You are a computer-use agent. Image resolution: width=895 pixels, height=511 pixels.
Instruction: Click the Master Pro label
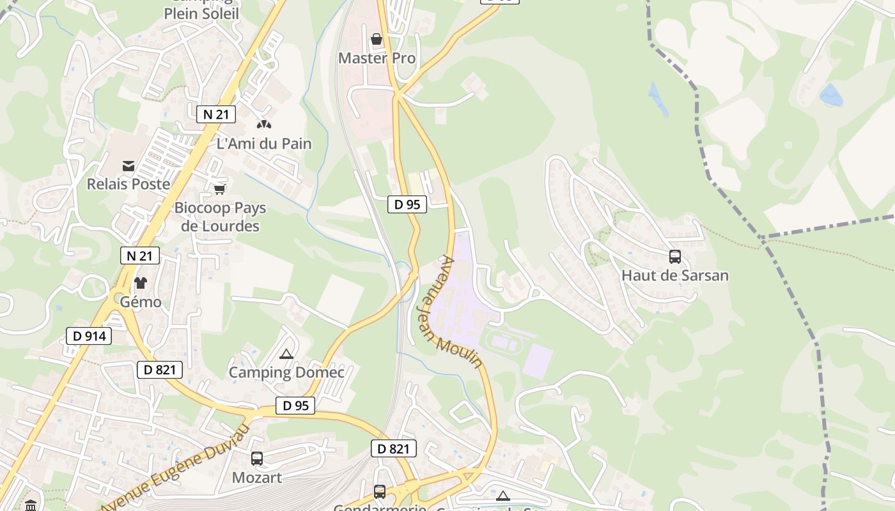pyautogui.click(x=377, y=58)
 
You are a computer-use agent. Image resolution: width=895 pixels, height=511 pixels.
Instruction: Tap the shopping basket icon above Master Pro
pyautogui.click(x=377, y=39)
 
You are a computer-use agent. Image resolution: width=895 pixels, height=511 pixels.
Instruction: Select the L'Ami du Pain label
pyautogui.click(x=264, y=144)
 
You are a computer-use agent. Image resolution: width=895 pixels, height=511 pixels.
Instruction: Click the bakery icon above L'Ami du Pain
pyautogui.click(x=262, y=123)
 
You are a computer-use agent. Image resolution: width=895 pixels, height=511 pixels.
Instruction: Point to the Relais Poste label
pyautogui.click(x=128, y=184)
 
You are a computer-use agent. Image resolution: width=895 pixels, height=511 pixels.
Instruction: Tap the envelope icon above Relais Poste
pyautogui.click(x=128, y=166)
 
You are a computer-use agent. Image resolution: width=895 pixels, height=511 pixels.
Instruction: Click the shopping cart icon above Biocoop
pyautogui.click(x=219, y=189)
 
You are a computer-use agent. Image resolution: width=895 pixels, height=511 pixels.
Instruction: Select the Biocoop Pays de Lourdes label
pyautogui.click(x=220, y=217)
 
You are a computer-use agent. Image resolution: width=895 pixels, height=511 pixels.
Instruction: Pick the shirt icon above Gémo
pyautogui.click(x=141, y=282)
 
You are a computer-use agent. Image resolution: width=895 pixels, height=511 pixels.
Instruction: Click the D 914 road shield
pyautogui.click(x=89, y=336)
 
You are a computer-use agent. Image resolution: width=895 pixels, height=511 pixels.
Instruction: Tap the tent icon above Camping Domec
pyautogui.click(x=286, y=354)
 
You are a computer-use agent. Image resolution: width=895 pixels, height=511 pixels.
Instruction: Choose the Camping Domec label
pyautogui.click(x=286, y=372)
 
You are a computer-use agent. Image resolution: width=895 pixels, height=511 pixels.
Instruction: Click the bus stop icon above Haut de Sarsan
pyautogui.click(x=674, y=257)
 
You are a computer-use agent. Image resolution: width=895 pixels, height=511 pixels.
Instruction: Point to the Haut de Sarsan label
pyautogui.click(x=674, y=276)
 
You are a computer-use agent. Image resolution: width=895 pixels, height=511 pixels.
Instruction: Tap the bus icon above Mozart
pyautogui.click(x=256, y=459)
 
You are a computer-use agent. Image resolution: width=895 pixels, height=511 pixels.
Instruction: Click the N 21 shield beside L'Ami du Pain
pyautogui.click(x=215, y=114)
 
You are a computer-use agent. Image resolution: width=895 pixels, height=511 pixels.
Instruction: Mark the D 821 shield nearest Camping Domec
pyautogui.click(x=160, y=369)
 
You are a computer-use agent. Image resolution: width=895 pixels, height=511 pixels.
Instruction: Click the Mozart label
pyautogui.click(x=256, y=478)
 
